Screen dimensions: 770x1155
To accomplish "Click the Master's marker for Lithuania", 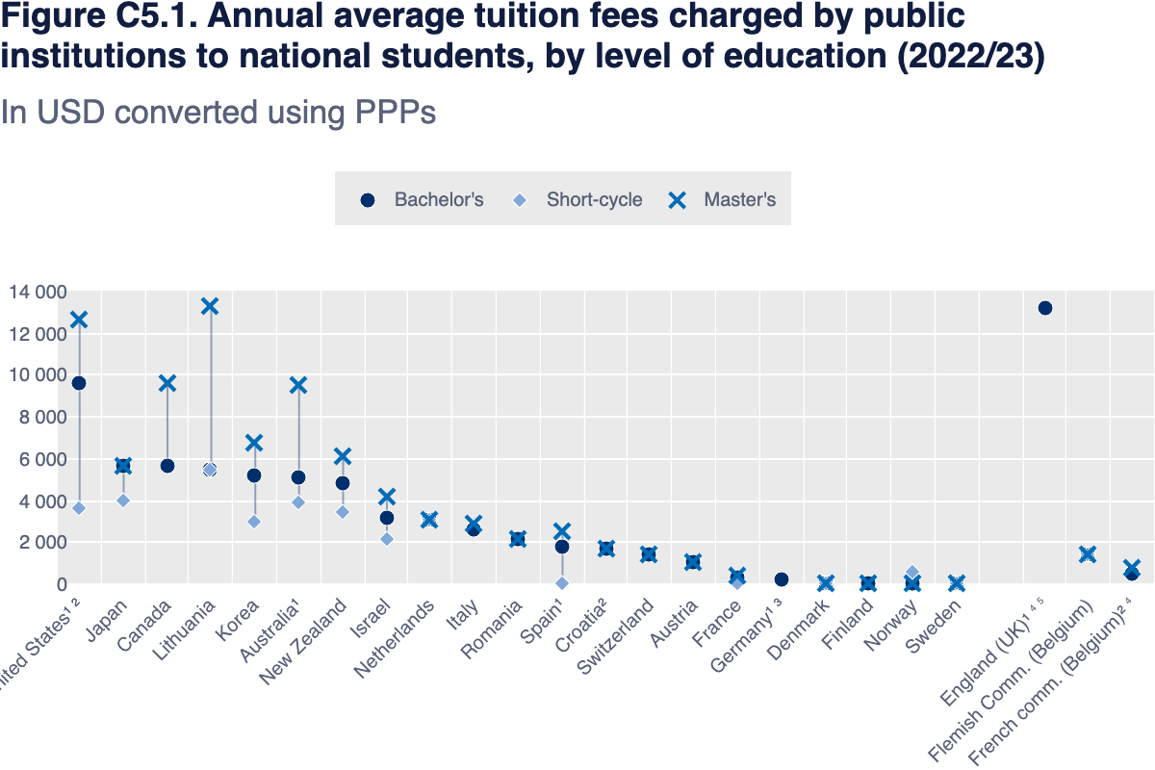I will click(x=210, y=306).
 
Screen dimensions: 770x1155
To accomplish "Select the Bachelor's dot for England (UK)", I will click(x=1044, y=308).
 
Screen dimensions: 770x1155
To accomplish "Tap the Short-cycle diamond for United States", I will click(x=79, y=508).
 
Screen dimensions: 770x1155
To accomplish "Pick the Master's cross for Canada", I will click(x=167, y=383).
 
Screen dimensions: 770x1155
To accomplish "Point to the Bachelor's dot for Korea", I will click(x=254, y=475).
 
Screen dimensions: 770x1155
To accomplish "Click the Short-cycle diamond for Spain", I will click(x=562, y=583).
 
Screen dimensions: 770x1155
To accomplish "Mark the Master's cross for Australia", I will click(x=298, y=385).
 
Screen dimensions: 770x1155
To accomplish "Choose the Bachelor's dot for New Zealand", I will click(x=343, y=483).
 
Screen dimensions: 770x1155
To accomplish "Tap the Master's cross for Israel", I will click(x=387, y=497).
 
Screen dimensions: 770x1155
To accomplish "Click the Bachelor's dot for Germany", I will click(x=782, y=579).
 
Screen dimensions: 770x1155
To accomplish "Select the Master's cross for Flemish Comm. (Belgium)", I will click(x=1088, y=554).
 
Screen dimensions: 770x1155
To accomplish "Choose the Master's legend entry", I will click(x=723, y=200).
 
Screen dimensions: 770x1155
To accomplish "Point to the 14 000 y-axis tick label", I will click(x=38, y=292).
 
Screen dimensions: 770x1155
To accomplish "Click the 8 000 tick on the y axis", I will click(x=43, y=417).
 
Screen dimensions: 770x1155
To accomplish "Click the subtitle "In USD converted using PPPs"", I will click(x=218, y=113).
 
